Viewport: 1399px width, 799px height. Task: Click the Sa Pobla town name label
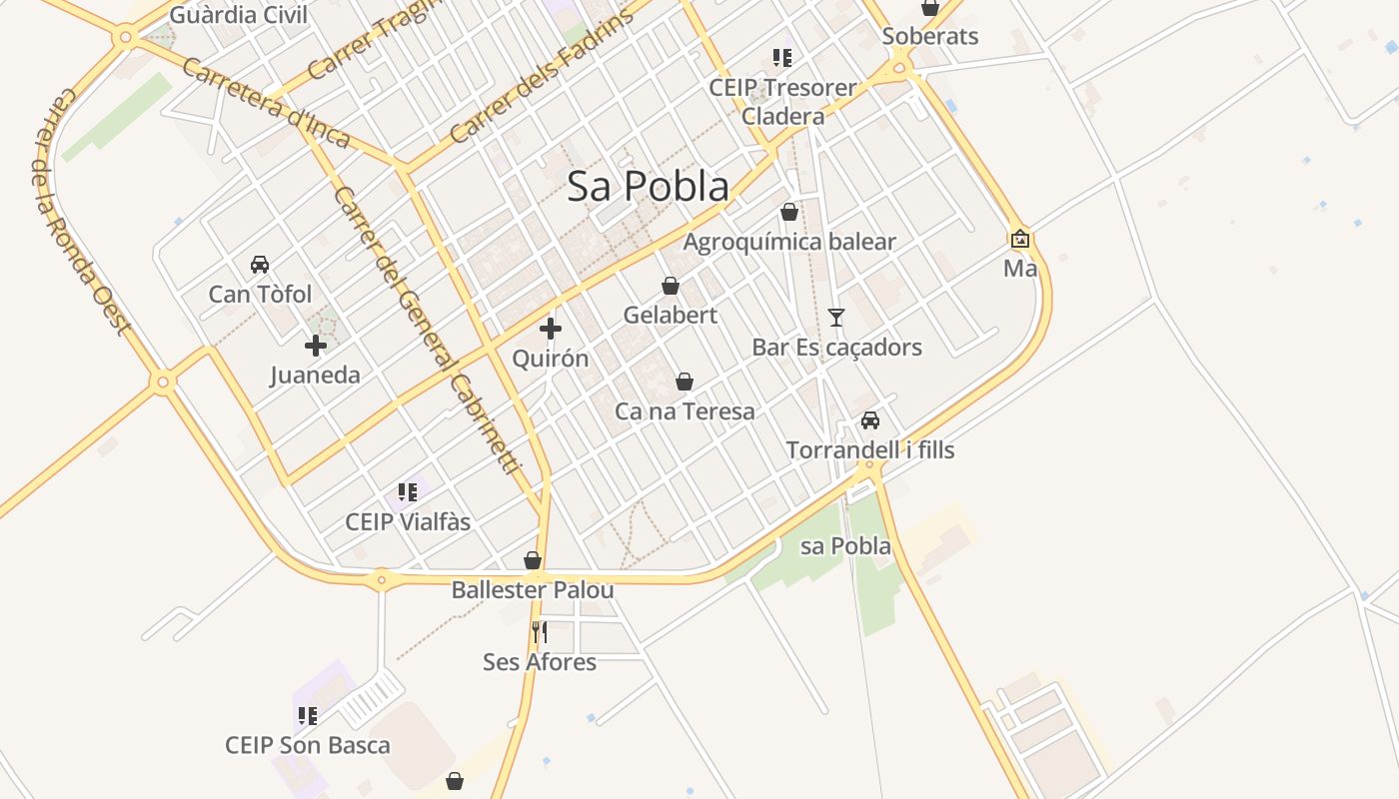648,187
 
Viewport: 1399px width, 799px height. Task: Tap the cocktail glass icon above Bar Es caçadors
836,318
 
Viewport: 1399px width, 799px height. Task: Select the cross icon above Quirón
550,329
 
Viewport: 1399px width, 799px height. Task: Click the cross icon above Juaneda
316,347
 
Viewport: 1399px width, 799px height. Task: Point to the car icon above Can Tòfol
260,265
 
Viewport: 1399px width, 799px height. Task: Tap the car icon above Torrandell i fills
870,420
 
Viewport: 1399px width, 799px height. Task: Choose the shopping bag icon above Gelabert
671,286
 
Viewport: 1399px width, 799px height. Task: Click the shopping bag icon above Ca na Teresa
685,382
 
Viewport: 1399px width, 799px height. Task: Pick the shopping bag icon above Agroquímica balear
789,212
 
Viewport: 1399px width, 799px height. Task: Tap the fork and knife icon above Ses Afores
540,631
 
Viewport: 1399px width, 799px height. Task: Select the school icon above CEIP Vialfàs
408,492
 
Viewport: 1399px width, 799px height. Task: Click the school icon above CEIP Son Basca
308,716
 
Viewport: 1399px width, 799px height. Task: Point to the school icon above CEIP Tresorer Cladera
782,58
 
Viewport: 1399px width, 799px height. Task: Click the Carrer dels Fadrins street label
541,77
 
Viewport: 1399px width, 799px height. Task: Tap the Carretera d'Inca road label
266,103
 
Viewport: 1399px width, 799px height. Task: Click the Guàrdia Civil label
239,15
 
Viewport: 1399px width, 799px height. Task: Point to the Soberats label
930,37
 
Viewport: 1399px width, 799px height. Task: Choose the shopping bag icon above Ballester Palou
533,560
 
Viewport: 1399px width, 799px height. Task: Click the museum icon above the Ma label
1020,239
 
